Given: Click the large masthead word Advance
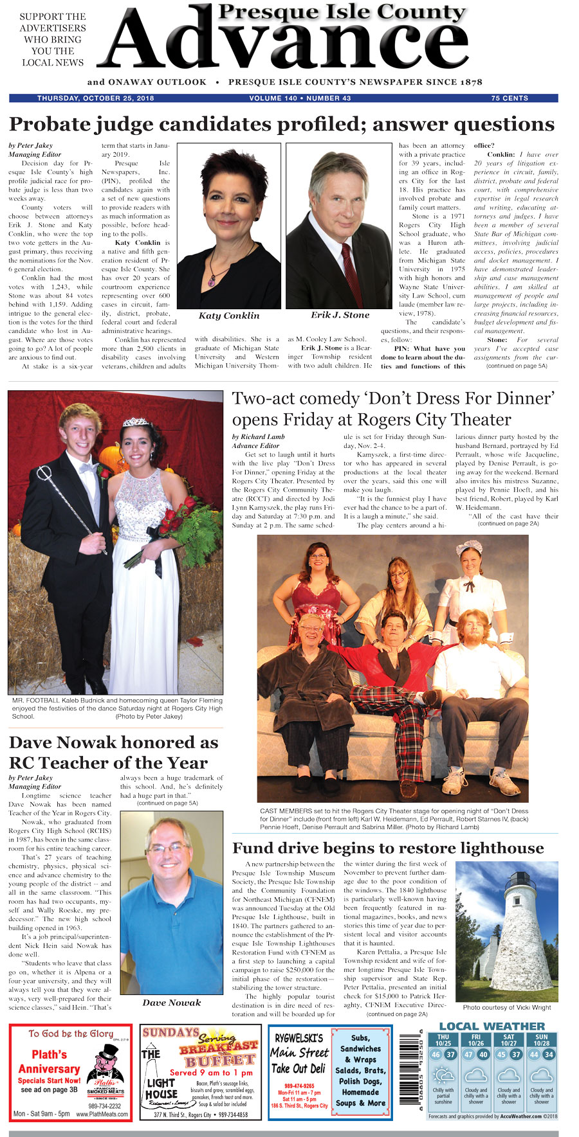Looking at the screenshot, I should point(283,48).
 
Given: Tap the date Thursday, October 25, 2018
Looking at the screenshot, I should point(95,98).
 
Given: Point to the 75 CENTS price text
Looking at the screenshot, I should point(510,98).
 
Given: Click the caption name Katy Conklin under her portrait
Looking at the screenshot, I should point(228,316).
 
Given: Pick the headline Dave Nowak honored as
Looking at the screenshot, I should point(114,742).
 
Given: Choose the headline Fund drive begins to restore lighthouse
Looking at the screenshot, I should point(388,848).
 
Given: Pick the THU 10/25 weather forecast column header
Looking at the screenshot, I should point(443,1040).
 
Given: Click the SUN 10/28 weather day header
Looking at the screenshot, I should point(542,1040).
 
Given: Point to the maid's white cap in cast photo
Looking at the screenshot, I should point(469,548).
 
